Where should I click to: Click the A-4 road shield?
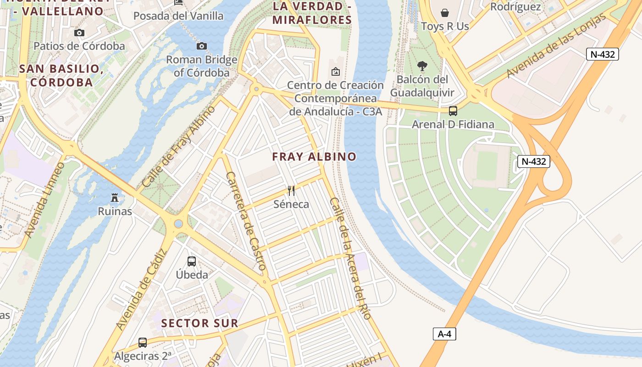click(444, 334)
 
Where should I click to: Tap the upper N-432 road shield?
click(603, 54)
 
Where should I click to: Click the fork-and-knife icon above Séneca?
click(291, 190)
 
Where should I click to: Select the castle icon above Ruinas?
click(115, 198)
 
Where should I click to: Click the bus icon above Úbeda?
click(192, 261)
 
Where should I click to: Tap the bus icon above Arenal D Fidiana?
click(453, 111)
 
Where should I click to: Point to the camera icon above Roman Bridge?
click(201, 46)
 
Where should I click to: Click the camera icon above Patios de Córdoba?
click(79, 33)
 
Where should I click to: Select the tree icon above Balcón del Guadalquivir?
click(422, 66)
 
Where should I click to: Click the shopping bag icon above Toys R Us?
click(444, 12)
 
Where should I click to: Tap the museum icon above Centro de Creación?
click(336, 72)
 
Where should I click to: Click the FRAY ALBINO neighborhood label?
click(314, 156)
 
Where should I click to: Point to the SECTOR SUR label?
click(200, 323)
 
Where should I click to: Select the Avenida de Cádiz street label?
click(140, 289)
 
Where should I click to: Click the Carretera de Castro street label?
click(246, 220)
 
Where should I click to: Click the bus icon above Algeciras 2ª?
click(143, 342)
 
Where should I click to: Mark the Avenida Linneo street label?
click(45, 200)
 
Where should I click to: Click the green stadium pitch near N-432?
click(487, 165)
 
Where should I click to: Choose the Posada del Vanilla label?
click(178, 16)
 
